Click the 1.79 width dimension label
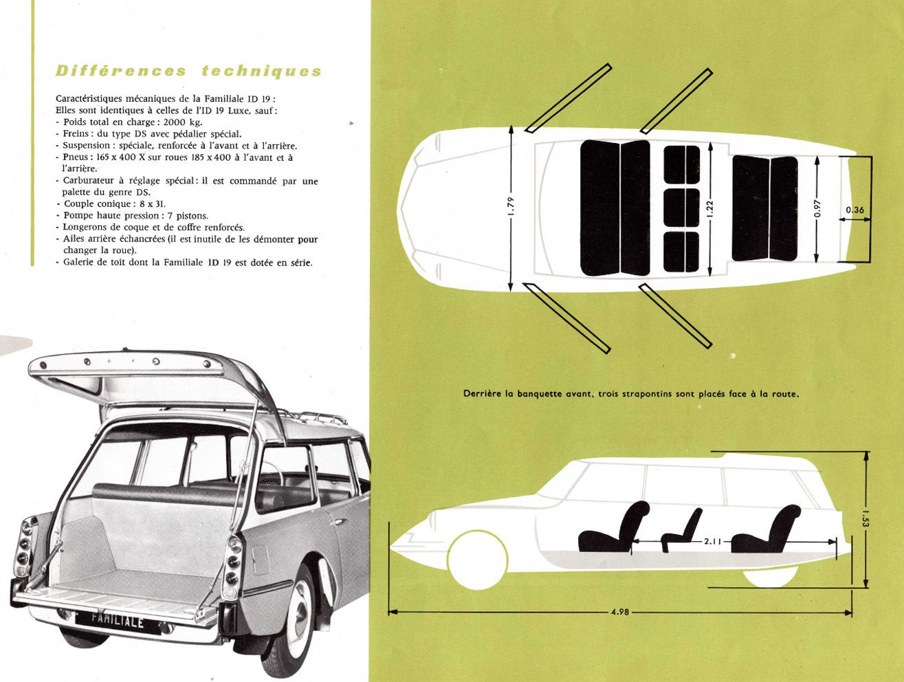511,206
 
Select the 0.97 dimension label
817,208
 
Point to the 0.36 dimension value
855,210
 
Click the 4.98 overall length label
620,612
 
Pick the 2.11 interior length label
712,541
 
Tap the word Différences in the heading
121,71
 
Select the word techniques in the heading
261,71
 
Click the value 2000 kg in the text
182,122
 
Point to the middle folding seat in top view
681,208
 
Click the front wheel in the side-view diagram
478,560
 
